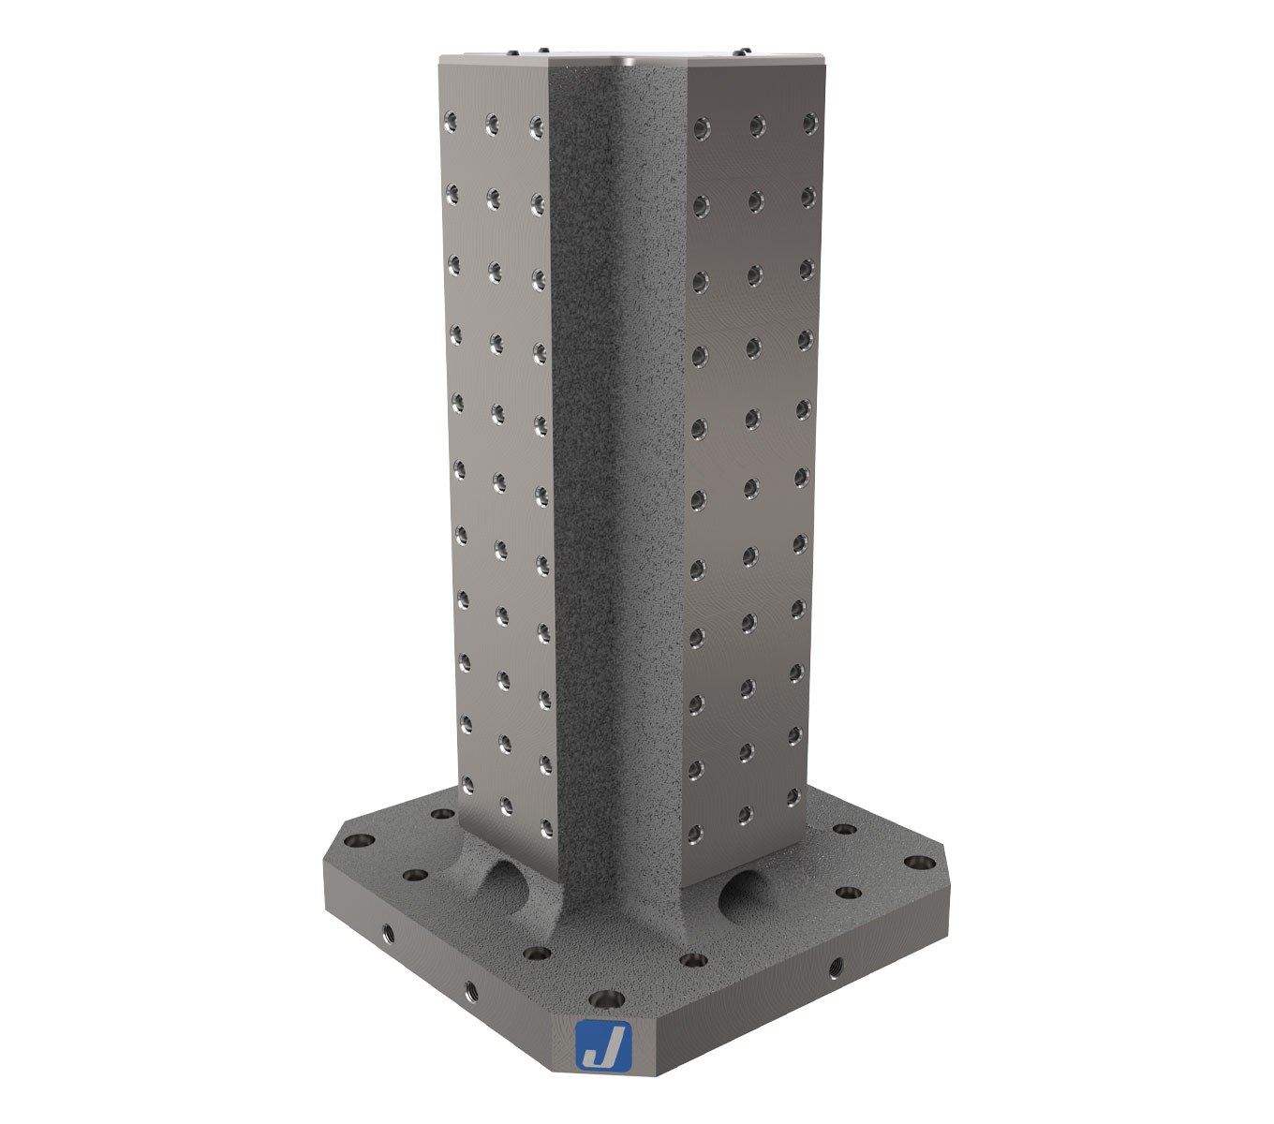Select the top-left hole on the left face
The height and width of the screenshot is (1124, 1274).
point(451,119)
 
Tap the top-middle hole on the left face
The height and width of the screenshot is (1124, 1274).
point(492,122)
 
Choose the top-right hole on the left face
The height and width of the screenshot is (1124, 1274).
point(536,125)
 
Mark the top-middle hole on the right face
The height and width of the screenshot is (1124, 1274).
point(755,123)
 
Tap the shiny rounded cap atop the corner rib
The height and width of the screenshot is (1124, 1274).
point(626,63)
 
